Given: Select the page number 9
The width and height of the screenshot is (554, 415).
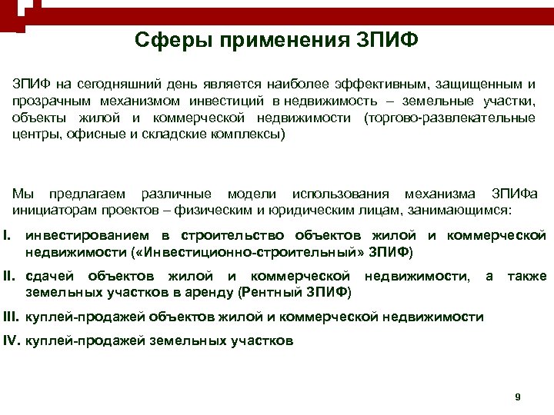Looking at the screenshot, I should [518, 397].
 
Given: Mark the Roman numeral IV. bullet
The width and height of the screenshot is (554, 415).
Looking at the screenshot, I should [12, 339].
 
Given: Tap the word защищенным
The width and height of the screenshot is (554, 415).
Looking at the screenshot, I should [483, 83].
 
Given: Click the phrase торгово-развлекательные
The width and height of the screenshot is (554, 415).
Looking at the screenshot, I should [452, 118].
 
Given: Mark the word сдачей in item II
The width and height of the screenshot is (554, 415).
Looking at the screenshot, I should [49, 276].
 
